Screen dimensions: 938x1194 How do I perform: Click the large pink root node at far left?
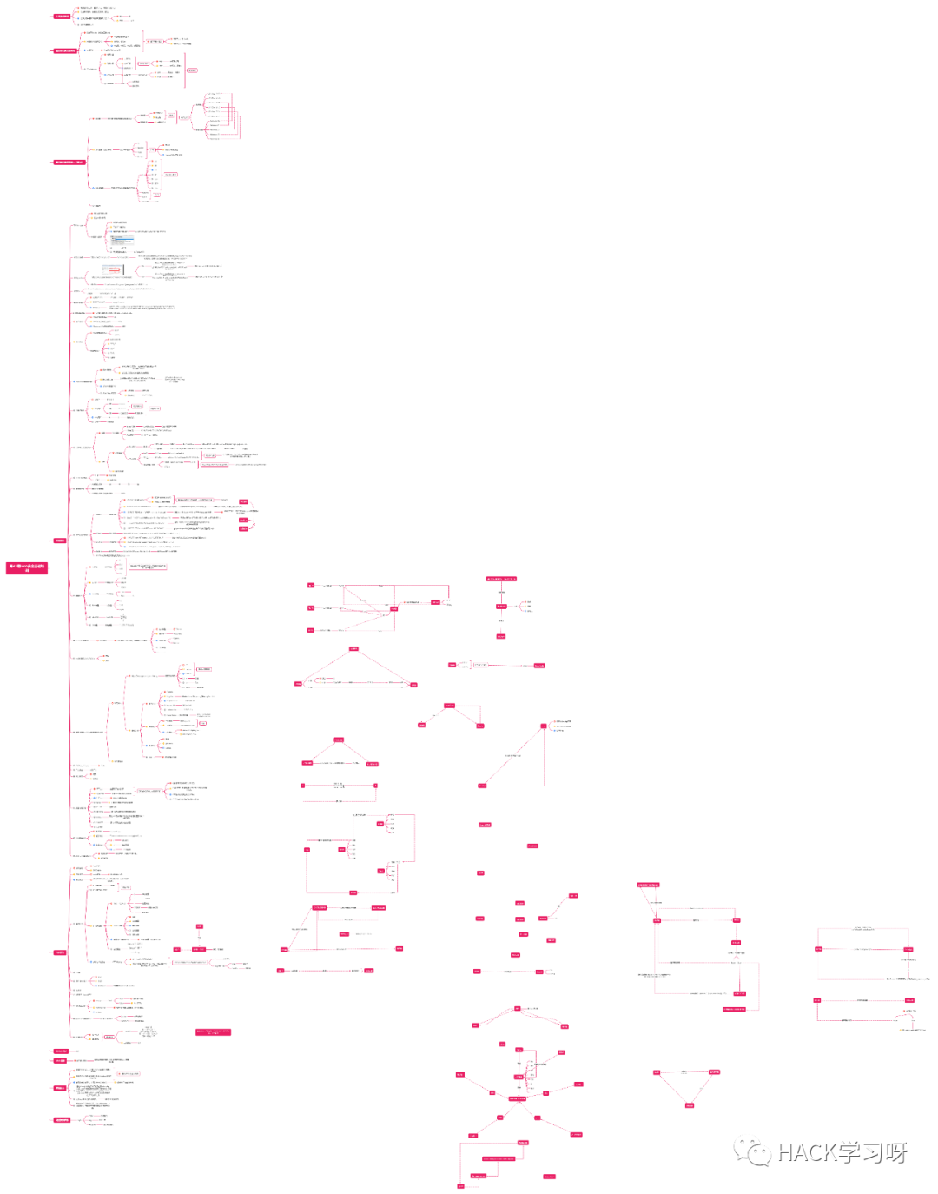coord(27,568)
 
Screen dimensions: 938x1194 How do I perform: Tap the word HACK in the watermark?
coord(807,1153)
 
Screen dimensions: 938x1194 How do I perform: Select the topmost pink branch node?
coord(63,17)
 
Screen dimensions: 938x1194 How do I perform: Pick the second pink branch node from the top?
coord(65,51)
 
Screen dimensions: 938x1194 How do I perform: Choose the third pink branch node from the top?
coord(69,162)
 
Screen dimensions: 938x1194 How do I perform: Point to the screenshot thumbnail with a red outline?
coord(113,270)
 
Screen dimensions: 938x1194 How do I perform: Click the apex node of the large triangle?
coord(353,649)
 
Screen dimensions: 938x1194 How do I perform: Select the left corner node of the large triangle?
coord(299,684)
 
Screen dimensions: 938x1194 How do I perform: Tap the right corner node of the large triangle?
coord(413,685)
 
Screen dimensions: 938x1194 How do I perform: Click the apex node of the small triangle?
coord(339,740)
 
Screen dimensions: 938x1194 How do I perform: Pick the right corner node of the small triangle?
coord(372,764)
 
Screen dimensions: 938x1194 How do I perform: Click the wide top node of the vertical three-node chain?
coord(501,579)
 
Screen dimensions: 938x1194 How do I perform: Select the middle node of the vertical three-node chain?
coord(501,607)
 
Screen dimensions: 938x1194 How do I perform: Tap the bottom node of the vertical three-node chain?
coord(501,636)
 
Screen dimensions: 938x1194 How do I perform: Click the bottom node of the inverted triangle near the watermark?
coord(690,1105)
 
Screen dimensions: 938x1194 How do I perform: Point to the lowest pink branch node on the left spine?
coord(62,1120)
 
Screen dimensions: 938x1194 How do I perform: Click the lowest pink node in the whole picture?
coord(461,1186)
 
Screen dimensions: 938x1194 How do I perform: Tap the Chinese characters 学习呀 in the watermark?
coord(874,1153)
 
